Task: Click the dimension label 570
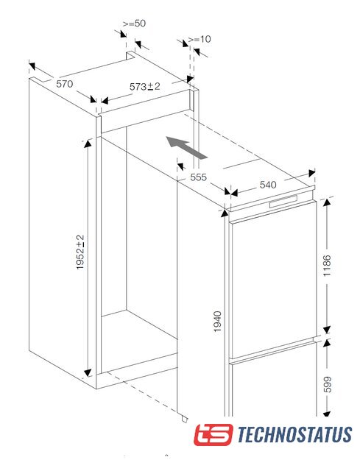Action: tap(65, 84)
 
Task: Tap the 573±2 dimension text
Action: tap(145, 87)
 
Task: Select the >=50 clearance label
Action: tap(134, 24)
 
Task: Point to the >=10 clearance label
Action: tap(200, 39)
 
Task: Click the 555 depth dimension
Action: tap(199, 177)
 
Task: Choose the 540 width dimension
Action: tap(268, 185)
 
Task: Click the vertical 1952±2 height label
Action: tap(80, 252)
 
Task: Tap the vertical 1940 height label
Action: tap(217, 322)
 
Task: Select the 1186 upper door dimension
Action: tap(326, 266)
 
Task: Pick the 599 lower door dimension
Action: tap(326, 384)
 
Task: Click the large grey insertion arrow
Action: tap(186, 147)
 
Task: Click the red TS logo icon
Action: tap(213, 434)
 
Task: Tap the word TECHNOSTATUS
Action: tap(294, 434)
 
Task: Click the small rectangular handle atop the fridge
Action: tap(283, 201)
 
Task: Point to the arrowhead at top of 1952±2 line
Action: tap(88, 144)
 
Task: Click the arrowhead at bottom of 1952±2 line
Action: tap(88, 373)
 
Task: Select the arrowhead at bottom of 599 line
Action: tap(327, 414)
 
